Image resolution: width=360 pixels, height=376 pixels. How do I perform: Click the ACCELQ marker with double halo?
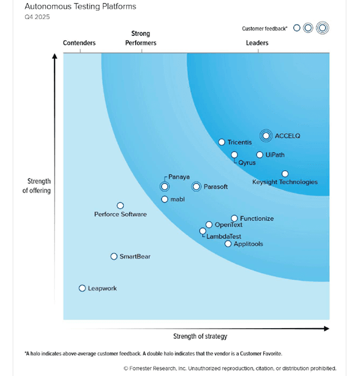pos(266,136)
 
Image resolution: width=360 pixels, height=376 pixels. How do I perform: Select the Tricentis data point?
pos(222,142)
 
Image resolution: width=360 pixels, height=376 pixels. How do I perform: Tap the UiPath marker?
pos(260,155)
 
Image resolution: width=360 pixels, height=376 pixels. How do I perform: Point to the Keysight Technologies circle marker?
pos(285,174)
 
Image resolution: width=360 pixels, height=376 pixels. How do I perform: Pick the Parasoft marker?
pos(196,187)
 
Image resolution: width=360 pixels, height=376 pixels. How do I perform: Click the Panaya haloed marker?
pos(164,187)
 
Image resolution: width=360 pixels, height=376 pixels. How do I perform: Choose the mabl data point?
pos(164,199)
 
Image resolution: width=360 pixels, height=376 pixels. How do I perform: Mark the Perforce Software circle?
pos(120,206)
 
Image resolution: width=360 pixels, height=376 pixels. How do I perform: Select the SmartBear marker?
pos(114,256)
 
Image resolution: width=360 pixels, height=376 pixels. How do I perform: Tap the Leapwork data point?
pos(83,288)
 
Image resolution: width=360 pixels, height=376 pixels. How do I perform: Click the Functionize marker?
pos(234,219)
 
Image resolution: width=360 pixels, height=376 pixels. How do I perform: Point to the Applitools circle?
pos(228,244)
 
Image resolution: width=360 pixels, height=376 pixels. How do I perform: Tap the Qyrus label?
pos(247,162)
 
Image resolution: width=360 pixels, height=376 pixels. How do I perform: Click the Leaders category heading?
pos(257,43)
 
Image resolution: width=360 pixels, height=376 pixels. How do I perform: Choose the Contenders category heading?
pos(79,43)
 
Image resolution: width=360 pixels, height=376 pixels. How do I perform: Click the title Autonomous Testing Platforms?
pos(80,7)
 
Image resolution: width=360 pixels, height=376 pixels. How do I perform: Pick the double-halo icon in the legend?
pos(323,28)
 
